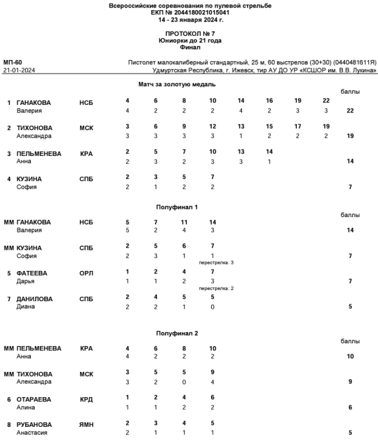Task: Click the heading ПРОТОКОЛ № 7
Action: [190, 34]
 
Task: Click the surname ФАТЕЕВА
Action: [32, 273]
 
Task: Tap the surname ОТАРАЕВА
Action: [35, 399]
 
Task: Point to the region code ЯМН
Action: [87, 425]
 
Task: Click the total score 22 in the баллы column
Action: [350, 111]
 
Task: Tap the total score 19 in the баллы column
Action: [350, 136]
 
